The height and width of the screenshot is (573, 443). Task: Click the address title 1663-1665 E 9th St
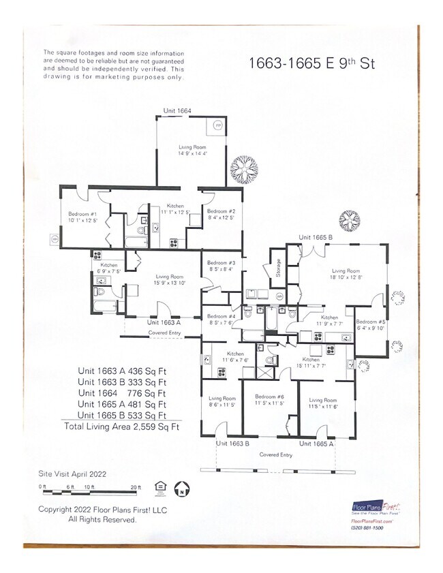(x=311, y=63)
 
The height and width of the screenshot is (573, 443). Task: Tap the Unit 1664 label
(x=177, y=111)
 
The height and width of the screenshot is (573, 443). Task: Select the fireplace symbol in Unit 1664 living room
(x=217, y=126)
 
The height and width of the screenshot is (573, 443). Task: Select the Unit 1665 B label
(x=315, y=238)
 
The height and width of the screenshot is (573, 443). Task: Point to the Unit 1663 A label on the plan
(x=164, y=322)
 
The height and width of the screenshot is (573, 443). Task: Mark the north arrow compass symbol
(x=182, y=488)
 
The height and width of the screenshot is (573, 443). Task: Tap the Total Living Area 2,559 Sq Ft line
(x=121, y=427)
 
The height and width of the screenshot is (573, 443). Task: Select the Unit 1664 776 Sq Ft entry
(x=121, y=393)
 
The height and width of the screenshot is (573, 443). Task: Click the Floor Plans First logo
(x=375, y=507)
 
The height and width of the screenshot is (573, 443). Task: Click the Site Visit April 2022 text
(x=72, y=473)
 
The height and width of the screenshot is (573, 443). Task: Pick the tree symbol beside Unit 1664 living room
(x=243, y=170)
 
